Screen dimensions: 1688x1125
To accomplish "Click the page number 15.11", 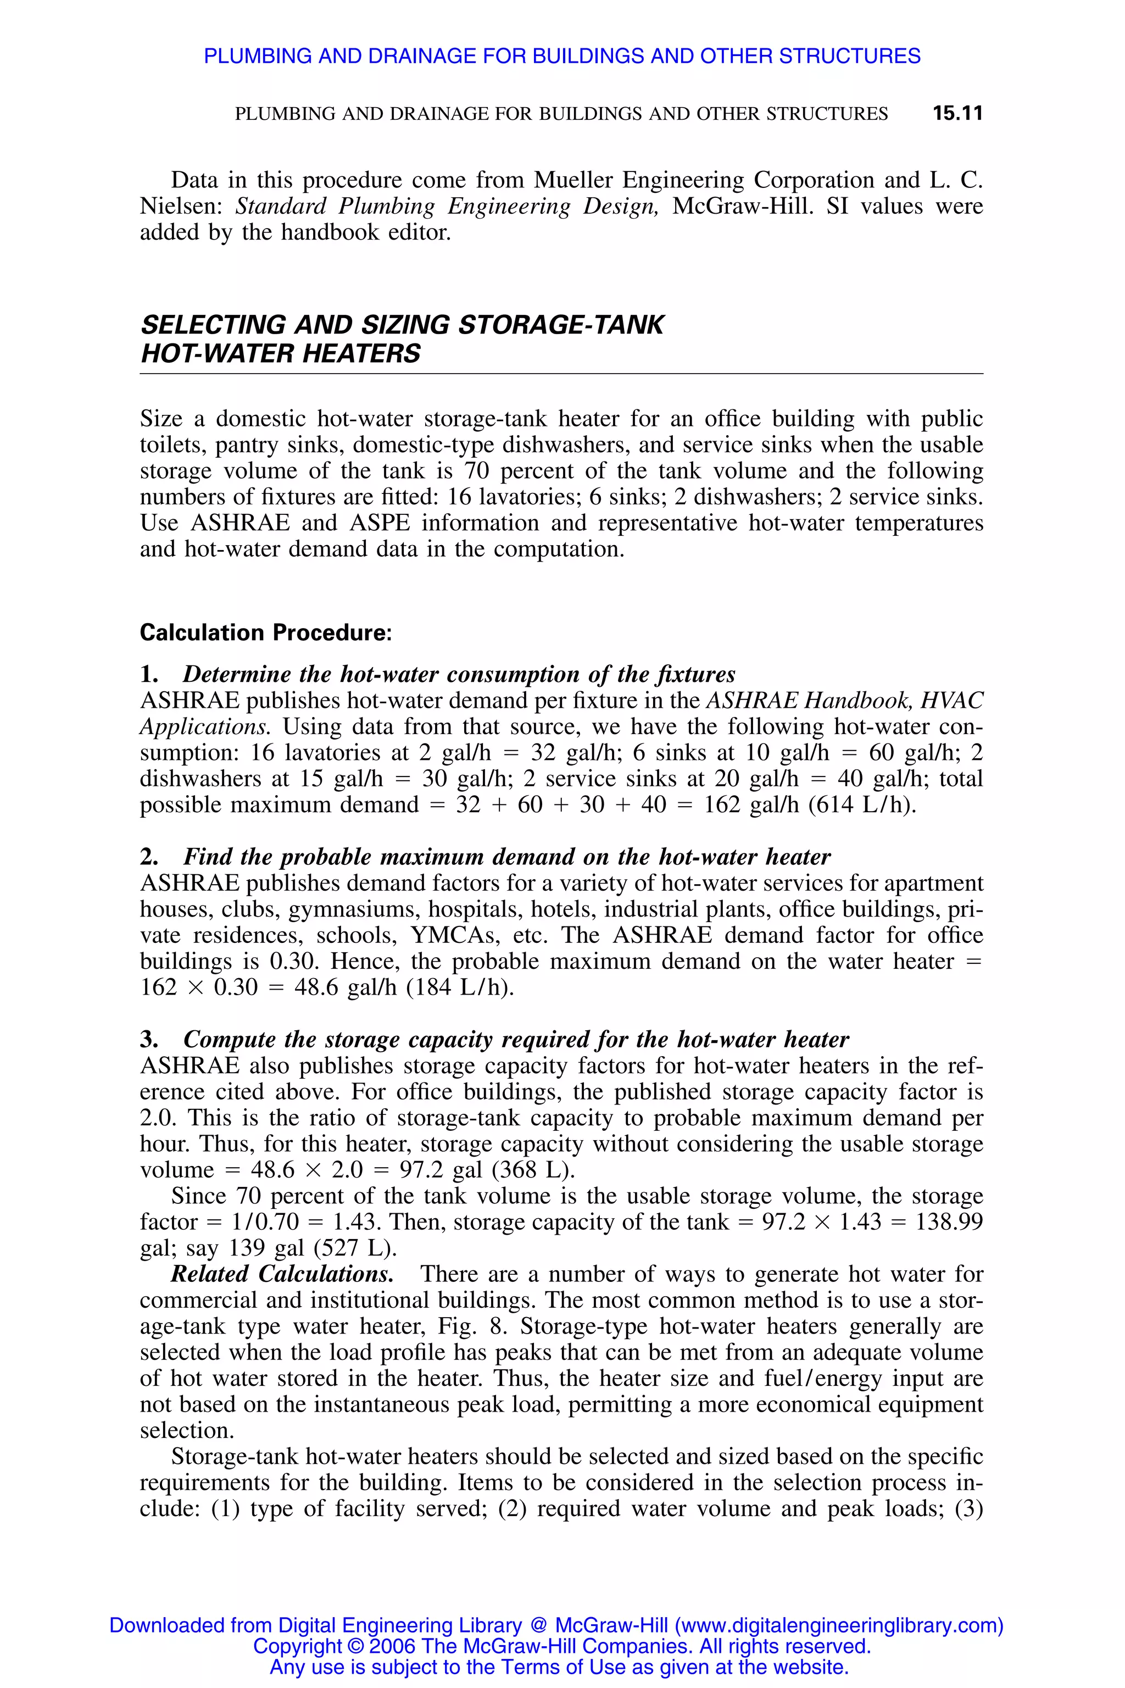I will click(957, 113).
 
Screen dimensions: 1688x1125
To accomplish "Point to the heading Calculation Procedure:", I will click(265, 632).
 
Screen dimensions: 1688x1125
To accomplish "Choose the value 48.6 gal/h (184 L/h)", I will click(404, 987).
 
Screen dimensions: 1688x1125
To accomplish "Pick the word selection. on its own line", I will click(187, 1430).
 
